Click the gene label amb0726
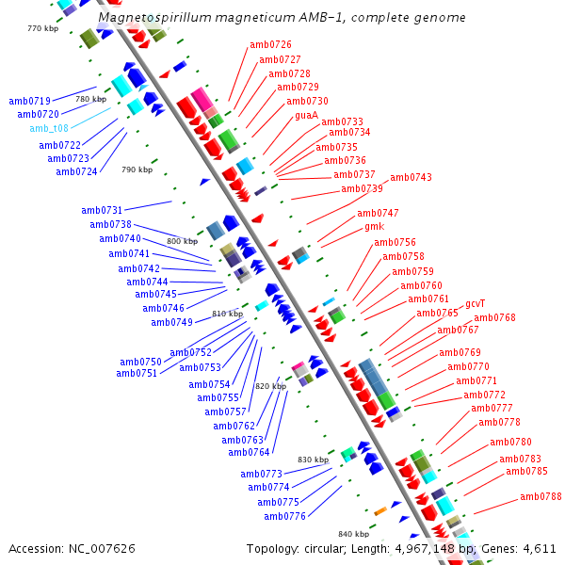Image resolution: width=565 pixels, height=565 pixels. (270, 44)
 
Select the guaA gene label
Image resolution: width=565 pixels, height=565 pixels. (307, 115)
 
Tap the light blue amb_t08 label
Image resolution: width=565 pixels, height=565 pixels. (49, 128)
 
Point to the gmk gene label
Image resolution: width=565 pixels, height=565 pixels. (375, 227)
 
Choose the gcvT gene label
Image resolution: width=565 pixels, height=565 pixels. (476, 304)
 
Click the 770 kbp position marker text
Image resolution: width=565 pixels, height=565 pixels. (43, 28)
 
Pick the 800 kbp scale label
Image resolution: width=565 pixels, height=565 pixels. (183, 241)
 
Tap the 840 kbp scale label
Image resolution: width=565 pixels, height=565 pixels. (353, 534)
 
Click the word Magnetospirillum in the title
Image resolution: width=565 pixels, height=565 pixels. (155, 17)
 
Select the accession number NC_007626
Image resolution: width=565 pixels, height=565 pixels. (102, 548)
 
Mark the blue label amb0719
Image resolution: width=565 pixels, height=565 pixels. (29, 101)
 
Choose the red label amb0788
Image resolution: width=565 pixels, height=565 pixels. (541, 496)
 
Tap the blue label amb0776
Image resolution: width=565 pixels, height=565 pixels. (284, 516)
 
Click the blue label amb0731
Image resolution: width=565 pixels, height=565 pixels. (102, 210)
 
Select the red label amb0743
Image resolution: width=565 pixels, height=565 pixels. (411, 177)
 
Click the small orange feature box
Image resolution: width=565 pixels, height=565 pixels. (380, 511)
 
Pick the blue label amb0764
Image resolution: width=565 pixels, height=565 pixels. (249, 452)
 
